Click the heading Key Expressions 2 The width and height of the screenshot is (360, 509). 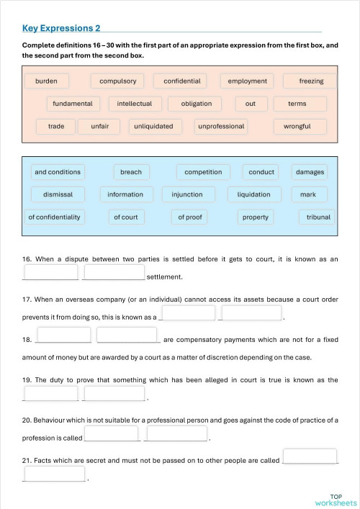[61, 28]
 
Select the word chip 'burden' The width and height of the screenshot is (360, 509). [46, 81]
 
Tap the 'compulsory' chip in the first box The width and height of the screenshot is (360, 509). [117, 81]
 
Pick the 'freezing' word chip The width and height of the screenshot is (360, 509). [311, 81]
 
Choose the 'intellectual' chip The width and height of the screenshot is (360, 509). [135, 104]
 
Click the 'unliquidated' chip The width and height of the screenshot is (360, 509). [153, 126]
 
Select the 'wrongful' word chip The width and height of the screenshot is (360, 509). [297, 126]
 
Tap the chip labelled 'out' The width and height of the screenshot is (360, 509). [250, 104]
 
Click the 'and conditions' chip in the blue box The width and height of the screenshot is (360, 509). [58, 172]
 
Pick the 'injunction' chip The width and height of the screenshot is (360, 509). [187, 194]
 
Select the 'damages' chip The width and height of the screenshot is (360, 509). [310, 172]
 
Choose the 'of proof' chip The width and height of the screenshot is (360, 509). [190, 217]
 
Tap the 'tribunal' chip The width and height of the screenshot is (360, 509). [318, 217]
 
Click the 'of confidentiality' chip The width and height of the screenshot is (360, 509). [55, 217]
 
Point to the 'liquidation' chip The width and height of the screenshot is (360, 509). [253, 194]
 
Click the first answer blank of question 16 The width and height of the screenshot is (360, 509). [51, 273]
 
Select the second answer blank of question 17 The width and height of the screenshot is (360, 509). [251, 313]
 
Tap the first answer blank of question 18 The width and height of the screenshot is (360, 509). [64, 335]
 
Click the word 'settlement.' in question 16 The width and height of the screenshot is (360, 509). [164, 276]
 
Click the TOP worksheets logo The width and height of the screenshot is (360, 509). [335, 500]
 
